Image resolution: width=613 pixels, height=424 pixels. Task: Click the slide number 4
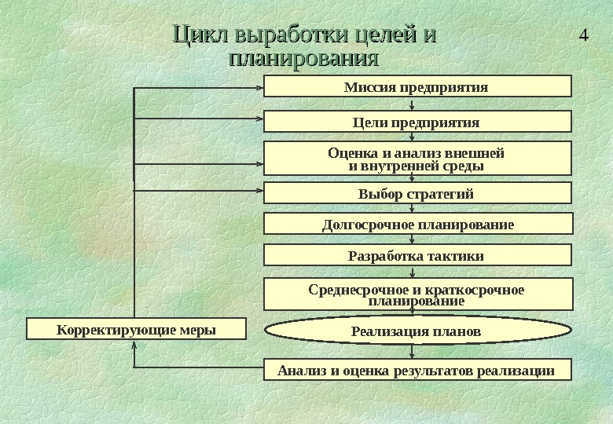point(582,36)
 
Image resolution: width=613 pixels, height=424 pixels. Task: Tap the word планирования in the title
point(303,59)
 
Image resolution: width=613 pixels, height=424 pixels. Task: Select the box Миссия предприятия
point(417,86)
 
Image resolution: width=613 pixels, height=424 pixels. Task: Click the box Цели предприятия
point(417,122)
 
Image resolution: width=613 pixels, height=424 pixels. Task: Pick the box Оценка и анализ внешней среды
point(417,159)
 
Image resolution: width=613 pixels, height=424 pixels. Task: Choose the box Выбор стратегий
point(417,193)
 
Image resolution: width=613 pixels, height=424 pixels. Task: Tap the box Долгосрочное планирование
point(417,225)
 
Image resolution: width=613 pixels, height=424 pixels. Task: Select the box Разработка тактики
point(417,256)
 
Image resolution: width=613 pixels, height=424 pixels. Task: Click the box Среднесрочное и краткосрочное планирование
point(417,294)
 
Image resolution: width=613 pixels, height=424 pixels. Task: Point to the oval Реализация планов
point(417,331)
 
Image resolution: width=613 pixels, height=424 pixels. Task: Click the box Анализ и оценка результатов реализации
point(417,370)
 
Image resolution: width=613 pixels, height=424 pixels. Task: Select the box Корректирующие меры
point(136,328)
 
